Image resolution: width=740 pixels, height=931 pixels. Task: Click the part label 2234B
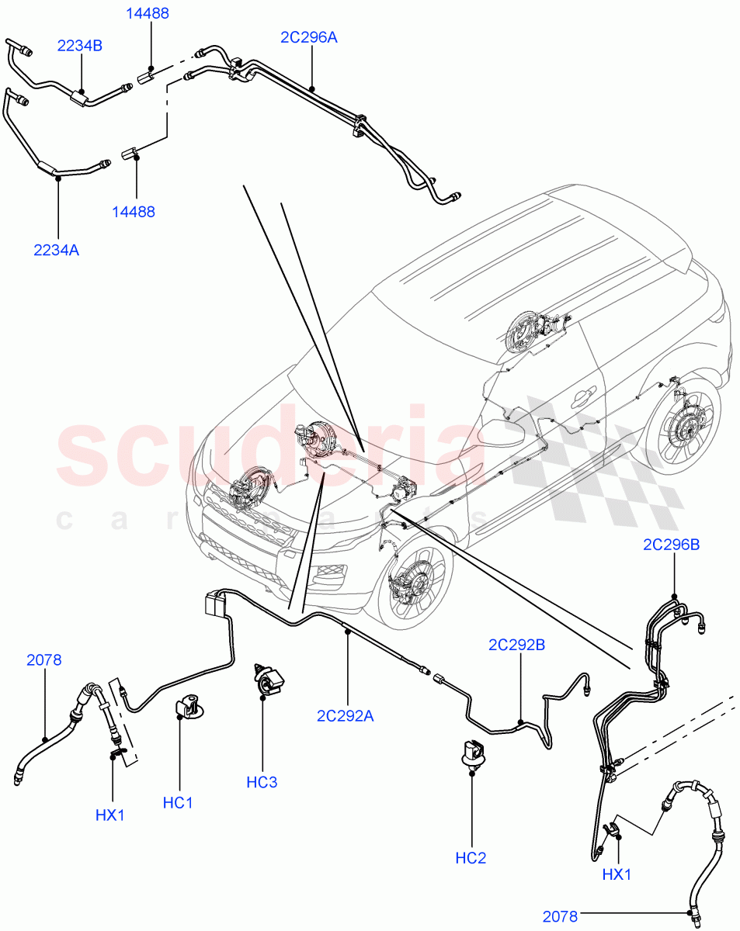(79, 46)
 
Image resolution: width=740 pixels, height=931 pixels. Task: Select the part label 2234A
(56, 250)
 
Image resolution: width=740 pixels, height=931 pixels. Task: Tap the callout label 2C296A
(309, 36)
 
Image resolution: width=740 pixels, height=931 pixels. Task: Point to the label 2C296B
(671, 545)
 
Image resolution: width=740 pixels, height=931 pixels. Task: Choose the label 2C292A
(345, 716)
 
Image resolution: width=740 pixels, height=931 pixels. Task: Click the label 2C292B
(516, 645)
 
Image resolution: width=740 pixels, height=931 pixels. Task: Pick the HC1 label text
(178, 803)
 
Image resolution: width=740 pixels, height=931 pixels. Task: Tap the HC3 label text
(262, 782)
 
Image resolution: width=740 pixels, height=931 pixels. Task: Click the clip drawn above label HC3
(267, 680)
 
